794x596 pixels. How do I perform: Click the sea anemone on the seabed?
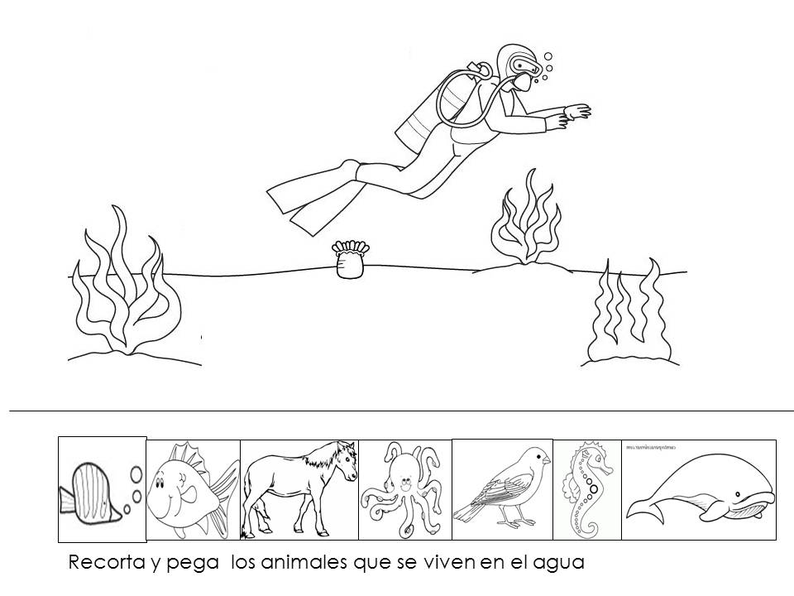(349, 260)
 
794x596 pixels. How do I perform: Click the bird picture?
(501, 488)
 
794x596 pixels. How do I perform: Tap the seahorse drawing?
(584, 488)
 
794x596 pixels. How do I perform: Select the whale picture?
(700, 493)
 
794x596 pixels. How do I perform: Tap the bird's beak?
(547, 459)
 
